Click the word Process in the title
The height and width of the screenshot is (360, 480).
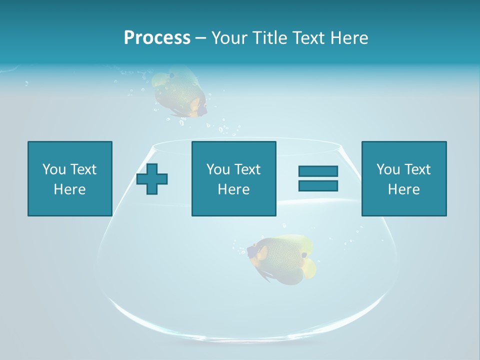tap(157, 38)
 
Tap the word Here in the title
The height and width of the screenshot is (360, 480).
tap(349, 38)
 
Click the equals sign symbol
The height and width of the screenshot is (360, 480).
tap(318, 178)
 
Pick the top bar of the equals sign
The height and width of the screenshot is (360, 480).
tap(318, 171)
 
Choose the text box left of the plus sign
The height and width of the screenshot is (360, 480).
tap(69, 178)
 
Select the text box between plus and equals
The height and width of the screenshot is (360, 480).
tap(233, 178)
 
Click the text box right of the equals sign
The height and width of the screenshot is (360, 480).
tap(403, 178)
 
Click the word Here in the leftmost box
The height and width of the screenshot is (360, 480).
tap(69, 189)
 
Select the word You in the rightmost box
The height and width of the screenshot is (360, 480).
tap(388, 169)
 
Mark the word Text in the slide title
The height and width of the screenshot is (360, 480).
tap(309, 38)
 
